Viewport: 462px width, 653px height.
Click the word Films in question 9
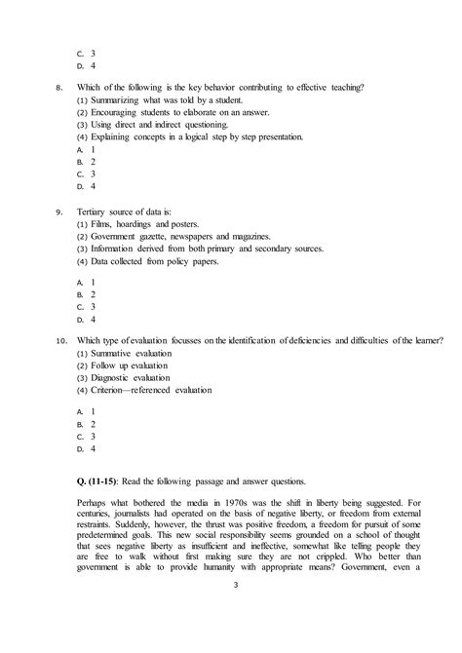click(103, 224)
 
